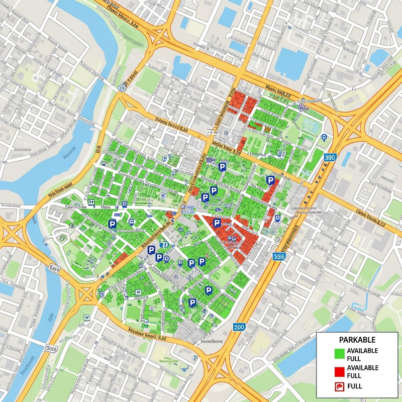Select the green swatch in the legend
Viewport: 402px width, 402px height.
click(x=339, y=354)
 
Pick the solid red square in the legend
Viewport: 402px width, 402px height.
click(x=339, y=371)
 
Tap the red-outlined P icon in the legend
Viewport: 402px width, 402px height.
click(x=339, y=386)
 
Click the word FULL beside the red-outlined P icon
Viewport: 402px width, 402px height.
click(x=355, y=386)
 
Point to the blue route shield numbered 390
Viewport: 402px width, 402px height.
click(x=330, y=157)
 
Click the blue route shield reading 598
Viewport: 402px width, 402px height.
click(x=280, y=256)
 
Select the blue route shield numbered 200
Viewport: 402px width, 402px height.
click(x=240, y=327)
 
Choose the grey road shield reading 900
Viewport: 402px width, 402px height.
click(x=51, y=348)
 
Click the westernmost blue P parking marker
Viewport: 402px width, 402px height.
click(x=113, y=224)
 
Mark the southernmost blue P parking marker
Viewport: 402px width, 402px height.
click(x=192, y=302)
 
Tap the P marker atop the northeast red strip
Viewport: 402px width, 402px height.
click(x=270, y=180)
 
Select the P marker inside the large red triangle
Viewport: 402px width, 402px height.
click(x=217, y=223)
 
